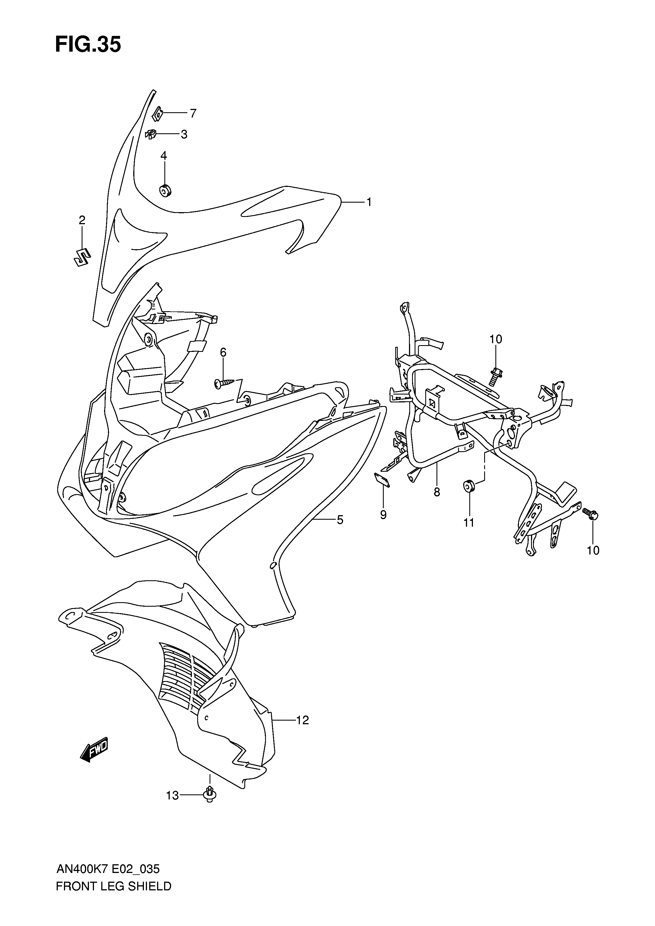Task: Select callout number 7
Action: point(193,113)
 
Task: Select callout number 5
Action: point(340,520)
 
